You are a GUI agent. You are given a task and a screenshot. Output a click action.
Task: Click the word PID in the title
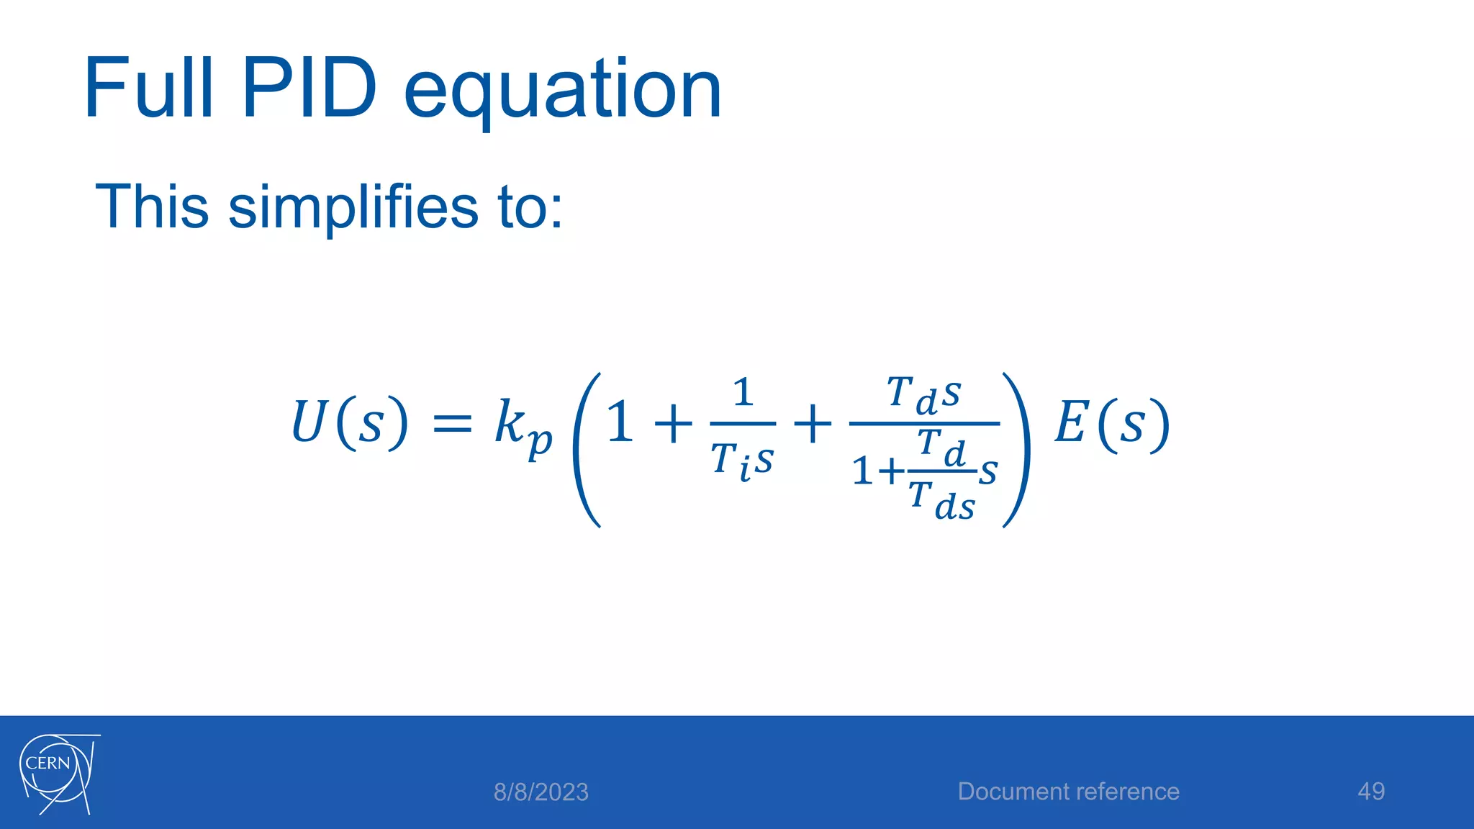click(x=309, y=89)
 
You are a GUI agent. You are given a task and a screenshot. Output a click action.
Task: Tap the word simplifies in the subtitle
click(x=353, y=209)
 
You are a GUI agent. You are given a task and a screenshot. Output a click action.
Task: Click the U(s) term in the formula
click(x=351, y=422)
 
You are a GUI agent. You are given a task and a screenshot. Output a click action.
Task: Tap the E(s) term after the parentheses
click(x=1112, y=423)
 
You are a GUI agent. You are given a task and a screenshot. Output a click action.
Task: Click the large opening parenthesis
click(x=586, y=450)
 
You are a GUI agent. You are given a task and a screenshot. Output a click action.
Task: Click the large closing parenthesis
click(x=1017, y=450)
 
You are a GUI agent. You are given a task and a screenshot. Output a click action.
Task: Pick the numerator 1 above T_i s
click(x=743, y=393)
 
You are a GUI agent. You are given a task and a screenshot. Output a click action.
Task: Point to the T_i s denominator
click(x=742, y=460)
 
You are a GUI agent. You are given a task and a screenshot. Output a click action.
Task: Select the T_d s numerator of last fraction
click(x=924, y=395)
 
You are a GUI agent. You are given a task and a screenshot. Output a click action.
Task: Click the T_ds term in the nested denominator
click(x=941, y=501)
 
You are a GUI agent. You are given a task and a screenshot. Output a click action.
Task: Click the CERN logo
click(x=58, y=773)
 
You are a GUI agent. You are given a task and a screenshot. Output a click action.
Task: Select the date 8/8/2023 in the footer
click(x=541, y=792)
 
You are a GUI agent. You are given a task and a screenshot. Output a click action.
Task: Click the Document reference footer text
click(x=1068, y=792)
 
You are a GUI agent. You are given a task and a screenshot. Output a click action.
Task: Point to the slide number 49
click(x=1370, y=792)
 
